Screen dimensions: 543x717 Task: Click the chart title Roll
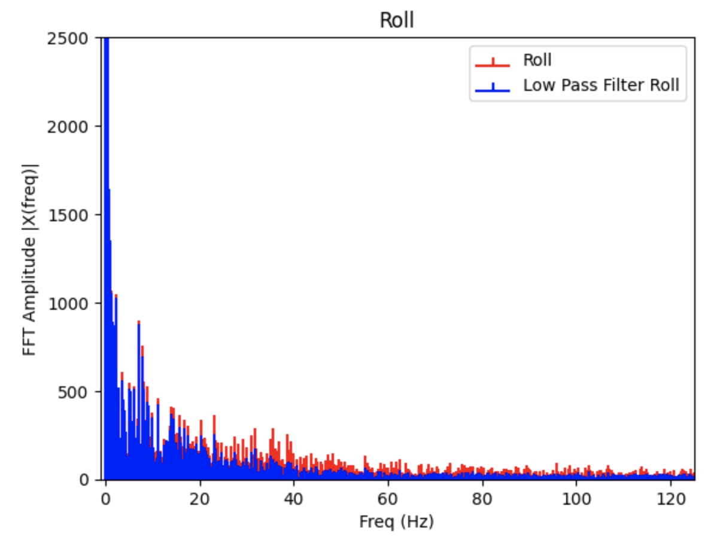[x=397, y=20]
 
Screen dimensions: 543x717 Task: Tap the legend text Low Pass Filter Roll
[x=601, y=86]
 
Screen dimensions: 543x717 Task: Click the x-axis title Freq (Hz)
[x=396, y=521]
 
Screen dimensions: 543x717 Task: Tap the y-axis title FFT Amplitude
[x=31, y=259]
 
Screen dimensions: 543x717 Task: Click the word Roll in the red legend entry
[x=537, y=60]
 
